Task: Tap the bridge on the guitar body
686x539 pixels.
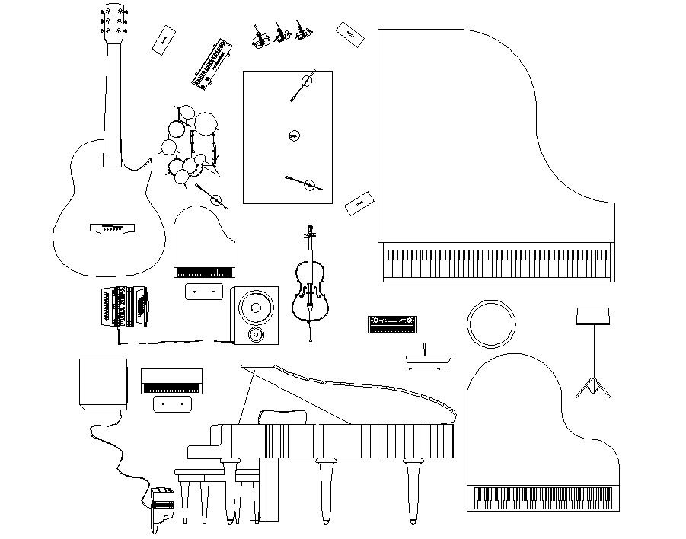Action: (x=112, y=227)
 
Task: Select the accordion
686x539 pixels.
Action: (x=123, y=308)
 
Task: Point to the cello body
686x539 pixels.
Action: (x=310, y=293)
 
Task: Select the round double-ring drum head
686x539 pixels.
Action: (x=490, y=323)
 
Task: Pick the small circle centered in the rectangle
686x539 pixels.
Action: (x=294, y=136)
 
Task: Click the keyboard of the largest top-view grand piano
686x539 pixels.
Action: (x=496, y=263)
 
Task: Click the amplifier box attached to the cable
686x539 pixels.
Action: (x=103, y=384)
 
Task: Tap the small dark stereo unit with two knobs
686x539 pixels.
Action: (x=391, y=325)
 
